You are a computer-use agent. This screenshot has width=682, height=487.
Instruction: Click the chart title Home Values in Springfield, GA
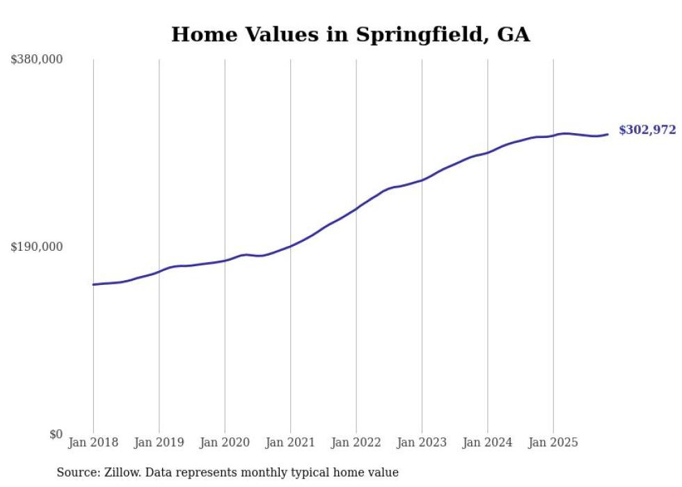(x=350, y=34)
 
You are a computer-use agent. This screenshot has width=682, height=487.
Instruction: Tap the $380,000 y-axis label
(x=37, y=60)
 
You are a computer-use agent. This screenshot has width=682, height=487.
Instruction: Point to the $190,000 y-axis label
(x=37, y=247)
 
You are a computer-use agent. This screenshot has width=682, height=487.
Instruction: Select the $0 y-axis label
(x=56, y=434)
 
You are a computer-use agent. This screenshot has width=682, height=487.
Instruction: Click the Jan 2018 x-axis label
(x=93, y=442)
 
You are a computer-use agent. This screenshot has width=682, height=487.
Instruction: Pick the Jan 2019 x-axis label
(x=159, y=442)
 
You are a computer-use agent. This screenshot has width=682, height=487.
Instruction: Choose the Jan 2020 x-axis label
(x=225, y=442)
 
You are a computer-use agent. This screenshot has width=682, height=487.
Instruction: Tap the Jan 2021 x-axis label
(x=290, y=442)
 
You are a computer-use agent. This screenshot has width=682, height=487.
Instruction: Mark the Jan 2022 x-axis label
(x=356, y=442)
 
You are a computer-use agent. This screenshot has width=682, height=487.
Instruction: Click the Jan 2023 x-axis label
(x=422, y=442)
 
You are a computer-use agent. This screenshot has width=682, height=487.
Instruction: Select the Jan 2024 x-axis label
(x=488, y=442)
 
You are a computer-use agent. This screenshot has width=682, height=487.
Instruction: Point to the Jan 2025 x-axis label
(x=553, y=442)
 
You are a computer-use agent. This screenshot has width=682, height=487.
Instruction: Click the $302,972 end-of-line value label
(x=647, y=130)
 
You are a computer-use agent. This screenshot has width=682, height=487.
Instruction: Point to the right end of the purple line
(x=608, y=134)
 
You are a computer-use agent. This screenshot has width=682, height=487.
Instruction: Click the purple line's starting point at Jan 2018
(x=93, y=284)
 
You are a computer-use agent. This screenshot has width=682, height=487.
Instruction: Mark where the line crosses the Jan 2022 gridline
(x=356, y=208)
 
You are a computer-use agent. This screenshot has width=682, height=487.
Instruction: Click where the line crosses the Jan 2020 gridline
(x=225, y=261)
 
